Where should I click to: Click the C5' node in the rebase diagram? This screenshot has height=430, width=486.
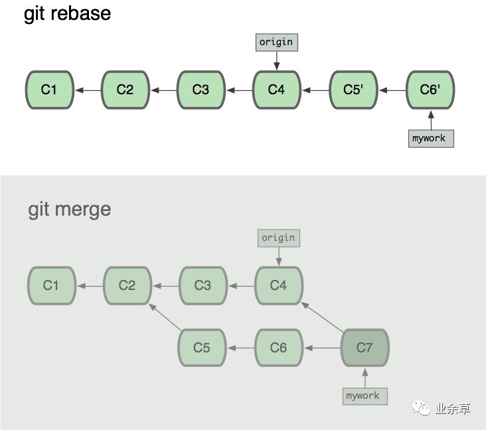(x=353, y=90)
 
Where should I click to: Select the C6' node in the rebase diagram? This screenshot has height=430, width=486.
(x=430, y=90)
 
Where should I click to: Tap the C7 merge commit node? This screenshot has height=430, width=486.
(x=364, y=347)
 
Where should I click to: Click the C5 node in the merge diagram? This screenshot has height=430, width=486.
(x=202, y=347)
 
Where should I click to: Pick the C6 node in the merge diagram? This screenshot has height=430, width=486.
(x=278, y=347)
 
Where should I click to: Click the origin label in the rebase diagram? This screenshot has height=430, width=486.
(x=276, y=42)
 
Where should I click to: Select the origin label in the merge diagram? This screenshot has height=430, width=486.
(x=278, y=238)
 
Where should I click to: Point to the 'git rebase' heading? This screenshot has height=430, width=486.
(x=67, y=14)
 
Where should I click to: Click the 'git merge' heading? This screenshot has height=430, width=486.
(x=70, y=209)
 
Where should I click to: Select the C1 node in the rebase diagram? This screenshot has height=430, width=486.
(x=49, y=90)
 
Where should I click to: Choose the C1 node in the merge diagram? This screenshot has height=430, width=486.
(x=51, y=285)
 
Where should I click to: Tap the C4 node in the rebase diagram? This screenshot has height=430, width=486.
(x=276, y=90)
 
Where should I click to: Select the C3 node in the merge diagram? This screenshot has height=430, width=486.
(x=202, y=285)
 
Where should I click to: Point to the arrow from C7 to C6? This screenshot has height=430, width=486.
(x=321, y=347)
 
